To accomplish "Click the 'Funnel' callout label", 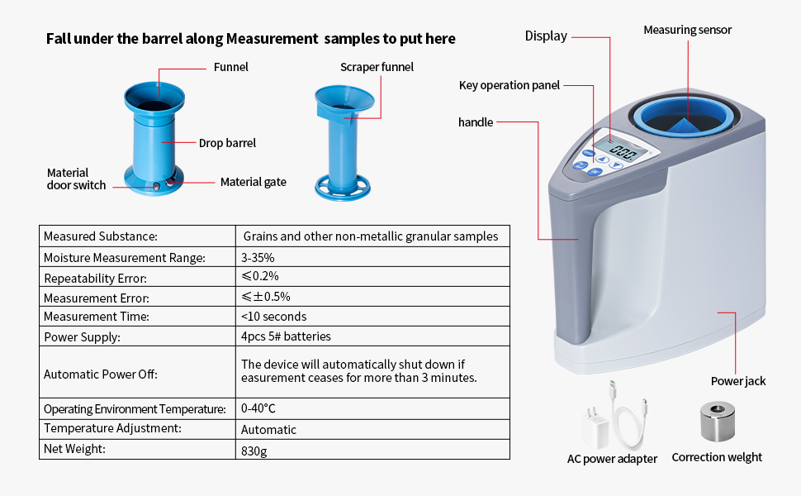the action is pos(230,67).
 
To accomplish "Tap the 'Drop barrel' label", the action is pos(227,143).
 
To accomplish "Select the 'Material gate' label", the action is pos(253,182).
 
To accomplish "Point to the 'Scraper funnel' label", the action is pos(377,67).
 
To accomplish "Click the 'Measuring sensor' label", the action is pos(688,30).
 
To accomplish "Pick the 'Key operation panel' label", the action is pos(510,85).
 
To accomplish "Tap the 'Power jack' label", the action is pos(738,381).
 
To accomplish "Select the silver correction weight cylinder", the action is pos(718,421).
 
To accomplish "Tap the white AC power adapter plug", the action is pos(595,427).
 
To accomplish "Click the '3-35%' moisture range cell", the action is pos(258,258).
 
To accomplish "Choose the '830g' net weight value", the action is pos(254,451).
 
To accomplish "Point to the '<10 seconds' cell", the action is pos(274,317).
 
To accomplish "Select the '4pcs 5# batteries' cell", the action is pos(286,336).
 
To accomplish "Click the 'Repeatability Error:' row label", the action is pos(96,279).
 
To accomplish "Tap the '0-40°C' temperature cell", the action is pos(258,408).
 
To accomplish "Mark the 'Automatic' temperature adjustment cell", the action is pos(268,430).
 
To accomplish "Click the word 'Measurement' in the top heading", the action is pos(273,39).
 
